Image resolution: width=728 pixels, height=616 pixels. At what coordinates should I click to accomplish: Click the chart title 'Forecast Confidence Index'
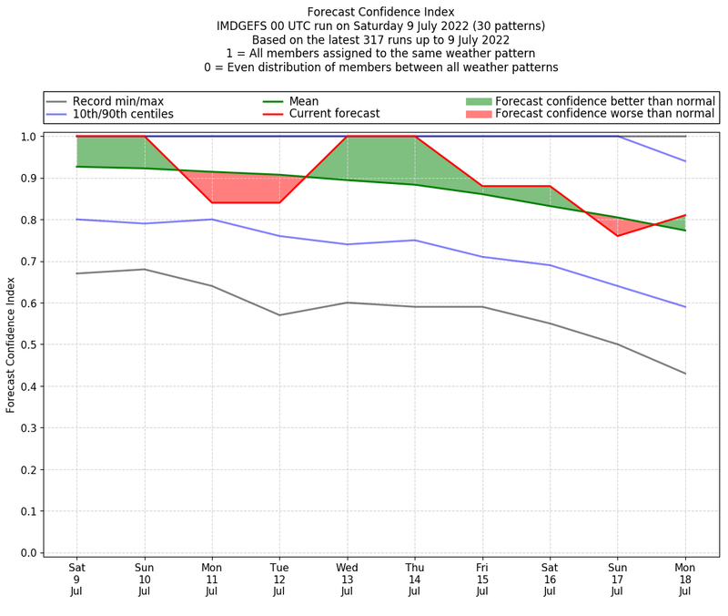point(380,12)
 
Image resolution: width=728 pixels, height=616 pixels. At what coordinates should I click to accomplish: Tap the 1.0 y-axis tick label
point(25,137)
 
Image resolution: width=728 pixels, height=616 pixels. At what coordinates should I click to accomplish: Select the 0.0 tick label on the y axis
point(25,553)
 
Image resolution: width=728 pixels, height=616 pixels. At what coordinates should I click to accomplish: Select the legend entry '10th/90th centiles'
point(123,114)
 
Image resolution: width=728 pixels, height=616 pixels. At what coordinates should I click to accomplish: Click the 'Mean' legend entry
point(304,101)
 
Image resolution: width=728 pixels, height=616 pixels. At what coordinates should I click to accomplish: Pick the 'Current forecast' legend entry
point(334,114)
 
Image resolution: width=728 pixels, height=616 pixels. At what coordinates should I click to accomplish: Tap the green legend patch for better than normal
point(479,101)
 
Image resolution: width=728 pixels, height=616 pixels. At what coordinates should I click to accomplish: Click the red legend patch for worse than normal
point(479,114)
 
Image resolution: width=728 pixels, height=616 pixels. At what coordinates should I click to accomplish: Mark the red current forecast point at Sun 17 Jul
point(618,236)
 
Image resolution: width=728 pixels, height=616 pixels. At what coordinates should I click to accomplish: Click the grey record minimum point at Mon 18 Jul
point(685,374)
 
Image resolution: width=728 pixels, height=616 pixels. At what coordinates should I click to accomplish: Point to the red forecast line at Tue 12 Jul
point(279,202)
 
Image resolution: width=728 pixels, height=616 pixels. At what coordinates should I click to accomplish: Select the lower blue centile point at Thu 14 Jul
point(415,241)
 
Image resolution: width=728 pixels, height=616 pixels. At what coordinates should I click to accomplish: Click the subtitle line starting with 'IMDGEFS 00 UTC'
point(380,26)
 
